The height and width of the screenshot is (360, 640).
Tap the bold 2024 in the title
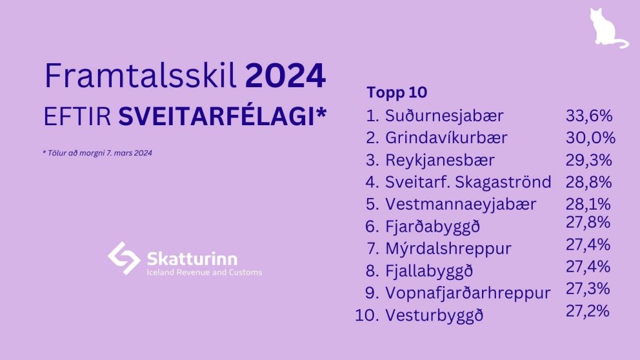click(x=285, y=76)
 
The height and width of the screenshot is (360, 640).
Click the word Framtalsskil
click(x=141, y=75)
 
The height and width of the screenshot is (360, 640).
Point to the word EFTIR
click(x=77, y=117)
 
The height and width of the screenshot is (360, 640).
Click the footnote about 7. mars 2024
click(x=97, y=153)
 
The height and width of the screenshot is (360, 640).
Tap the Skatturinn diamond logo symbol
click(x=124, y=258)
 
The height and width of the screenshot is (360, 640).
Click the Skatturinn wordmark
click(x=192, y=259)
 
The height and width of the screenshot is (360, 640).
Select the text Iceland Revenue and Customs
click(x=205, y=272)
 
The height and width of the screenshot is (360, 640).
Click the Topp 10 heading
click(x=397, y=93)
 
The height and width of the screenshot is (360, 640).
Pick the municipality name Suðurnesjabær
click(x=444, y=116)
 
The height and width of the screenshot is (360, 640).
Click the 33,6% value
click(x=589, y=116)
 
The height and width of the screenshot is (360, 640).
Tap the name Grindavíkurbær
click(x=446, y=138)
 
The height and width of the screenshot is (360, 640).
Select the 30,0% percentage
click(x=590, y=138)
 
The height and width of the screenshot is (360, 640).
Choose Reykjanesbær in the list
click(x=440, y=161)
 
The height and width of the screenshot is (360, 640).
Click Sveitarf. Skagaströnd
click(x=468, y=182)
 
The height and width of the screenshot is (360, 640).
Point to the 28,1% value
click(x=588, y=204)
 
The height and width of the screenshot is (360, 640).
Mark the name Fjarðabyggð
click(x=433, y=226)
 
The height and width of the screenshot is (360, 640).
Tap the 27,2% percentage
click(x=588, y=311)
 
